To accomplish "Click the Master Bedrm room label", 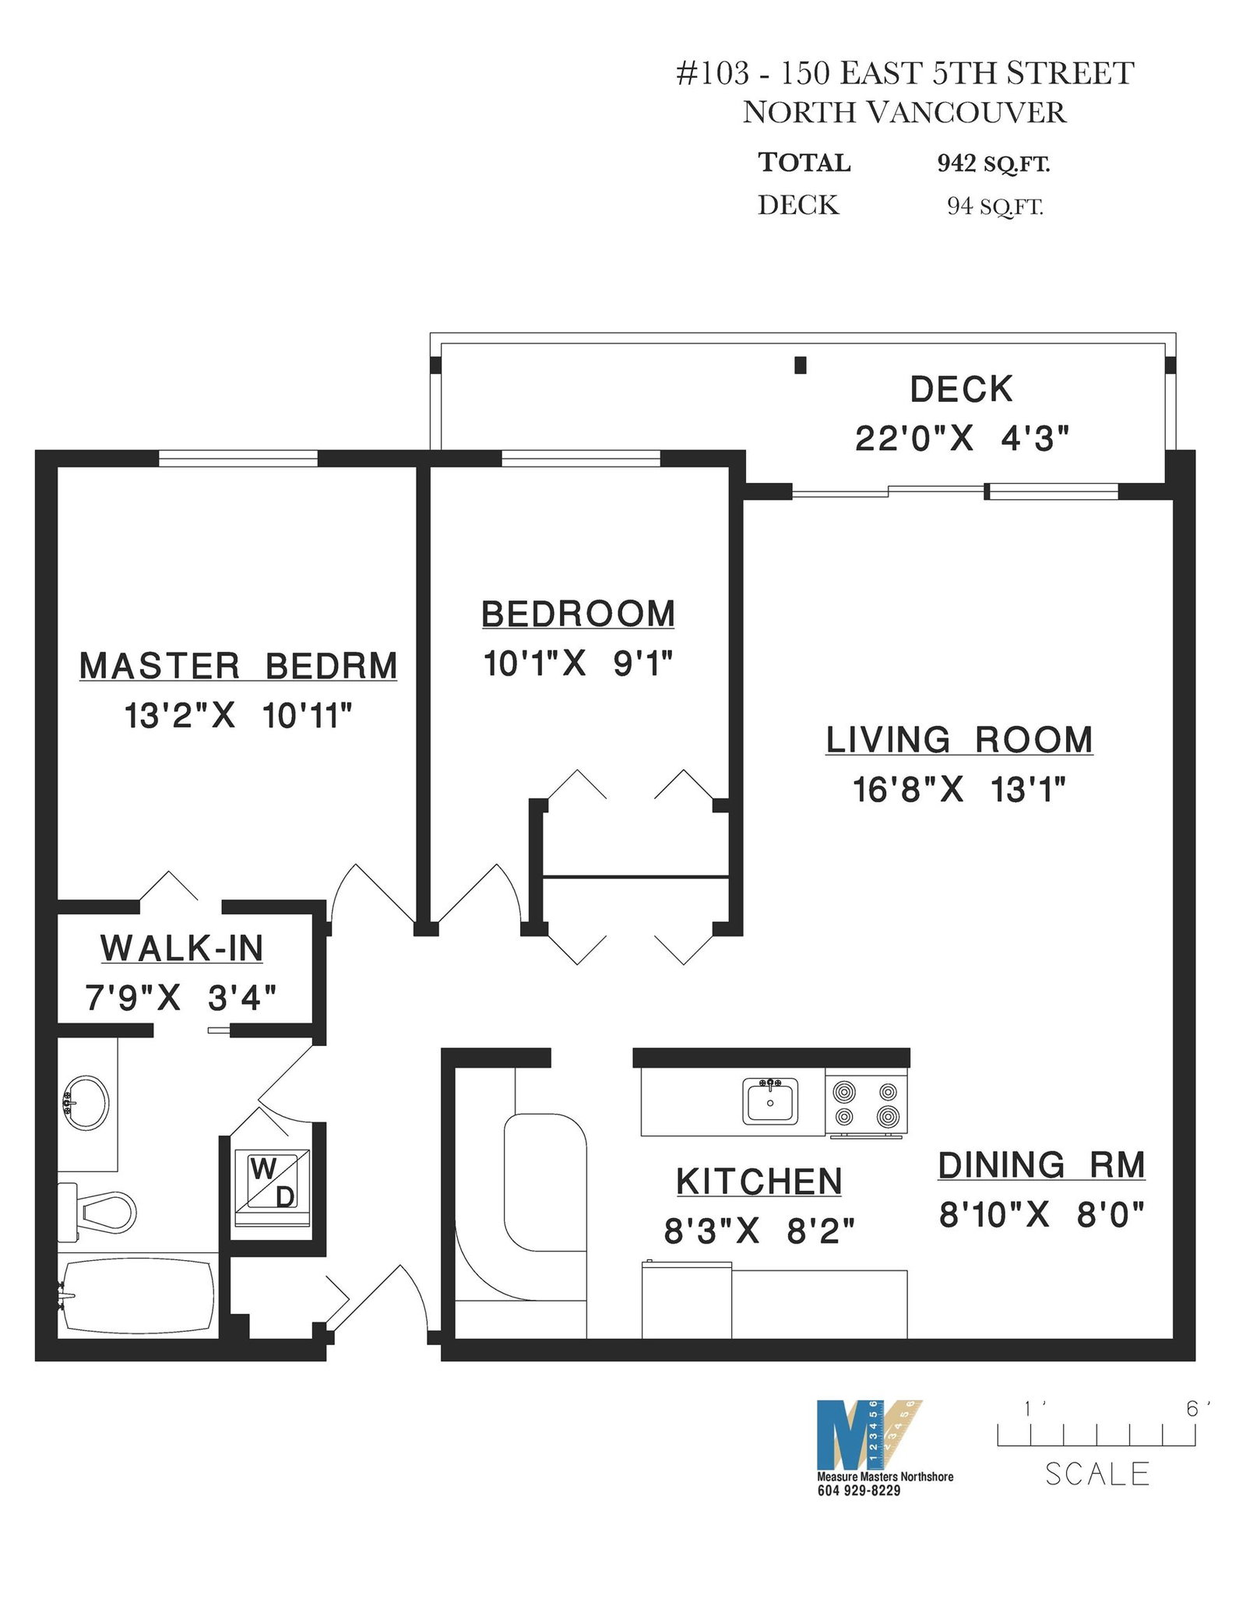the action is [x=238, y=667].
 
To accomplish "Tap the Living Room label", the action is [x=959, y=740].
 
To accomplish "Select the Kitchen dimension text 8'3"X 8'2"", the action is [x=759, y=1232].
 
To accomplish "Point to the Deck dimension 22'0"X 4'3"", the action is [x=962, y=439].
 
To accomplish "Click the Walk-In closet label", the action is [x=181, y=948].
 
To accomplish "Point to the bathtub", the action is [x=137, y=1297].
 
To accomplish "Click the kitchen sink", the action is [x=770, y=1101].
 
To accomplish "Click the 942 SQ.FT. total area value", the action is [x=994, y=164].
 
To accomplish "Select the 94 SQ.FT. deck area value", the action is [x=994, y=206].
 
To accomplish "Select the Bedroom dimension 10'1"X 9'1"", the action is [x=578, y=664].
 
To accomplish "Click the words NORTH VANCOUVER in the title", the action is [x=904, y=113].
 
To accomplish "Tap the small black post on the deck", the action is [x=800, y=365].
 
